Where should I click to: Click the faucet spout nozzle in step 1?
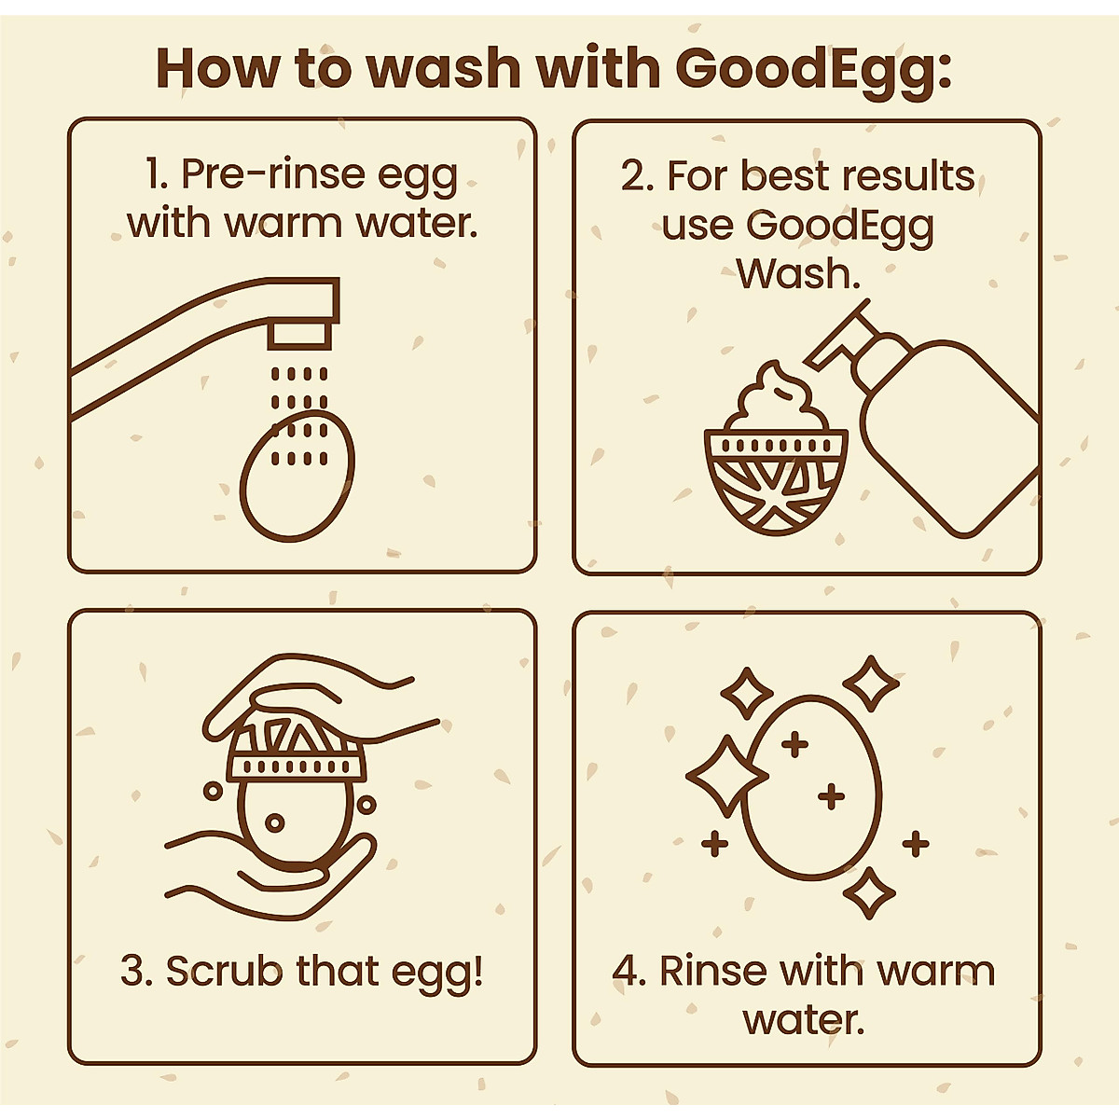tap(298, 334)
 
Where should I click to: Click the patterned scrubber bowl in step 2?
tap(776, 485)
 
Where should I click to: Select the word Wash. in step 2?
tap(797, 274)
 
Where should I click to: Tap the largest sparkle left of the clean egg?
tap(725, 775)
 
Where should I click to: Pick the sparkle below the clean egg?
tap(868, 893)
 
